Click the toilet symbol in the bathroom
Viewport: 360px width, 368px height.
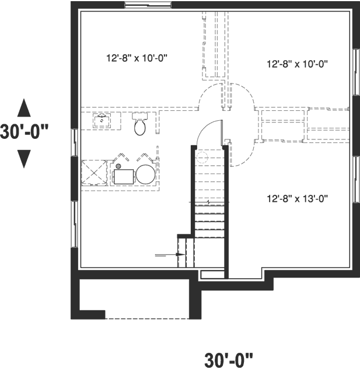click(x=140, y=125)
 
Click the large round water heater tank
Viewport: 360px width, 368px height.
click(x=146, y=174)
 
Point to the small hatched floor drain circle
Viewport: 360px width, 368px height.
click(x=118, y=167)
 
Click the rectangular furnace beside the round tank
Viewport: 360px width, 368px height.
click(x=123, y=175)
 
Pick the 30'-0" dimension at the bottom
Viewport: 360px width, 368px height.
click(x=229, y=359)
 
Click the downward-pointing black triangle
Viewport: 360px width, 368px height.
click(x=24, y=158)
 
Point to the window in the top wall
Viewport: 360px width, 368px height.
click(x=148, y=5)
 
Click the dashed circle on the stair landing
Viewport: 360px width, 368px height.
click(x=202, y=157)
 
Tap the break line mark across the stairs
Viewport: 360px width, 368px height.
click(x=208, y=202)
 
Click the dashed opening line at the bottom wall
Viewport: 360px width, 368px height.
click(x=147, y=318)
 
